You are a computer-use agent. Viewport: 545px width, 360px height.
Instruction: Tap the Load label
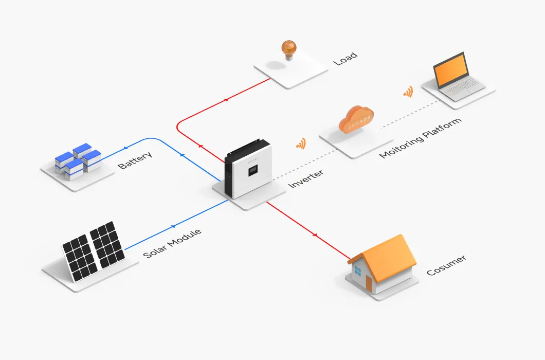coord(345,59)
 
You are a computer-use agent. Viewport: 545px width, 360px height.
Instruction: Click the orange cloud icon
coord(356,120)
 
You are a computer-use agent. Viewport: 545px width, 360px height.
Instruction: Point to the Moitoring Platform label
coord(420,138)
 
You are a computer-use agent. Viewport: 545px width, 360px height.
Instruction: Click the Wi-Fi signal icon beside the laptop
coord(408,92)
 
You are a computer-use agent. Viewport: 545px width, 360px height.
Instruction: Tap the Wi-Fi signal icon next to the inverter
coord(301,143)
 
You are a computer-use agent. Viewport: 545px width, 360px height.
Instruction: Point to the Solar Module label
coord(172,244)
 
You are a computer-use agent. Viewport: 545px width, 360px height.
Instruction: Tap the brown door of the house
coord(369,283)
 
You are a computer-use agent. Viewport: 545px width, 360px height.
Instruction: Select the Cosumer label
coord(446,265)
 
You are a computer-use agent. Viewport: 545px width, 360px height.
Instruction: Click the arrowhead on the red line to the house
coord(315,235)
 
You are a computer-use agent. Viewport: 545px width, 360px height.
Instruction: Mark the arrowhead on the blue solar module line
coord(173,226)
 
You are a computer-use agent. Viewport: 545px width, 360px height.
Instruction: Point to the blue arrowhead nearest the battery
coord(124,149)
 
